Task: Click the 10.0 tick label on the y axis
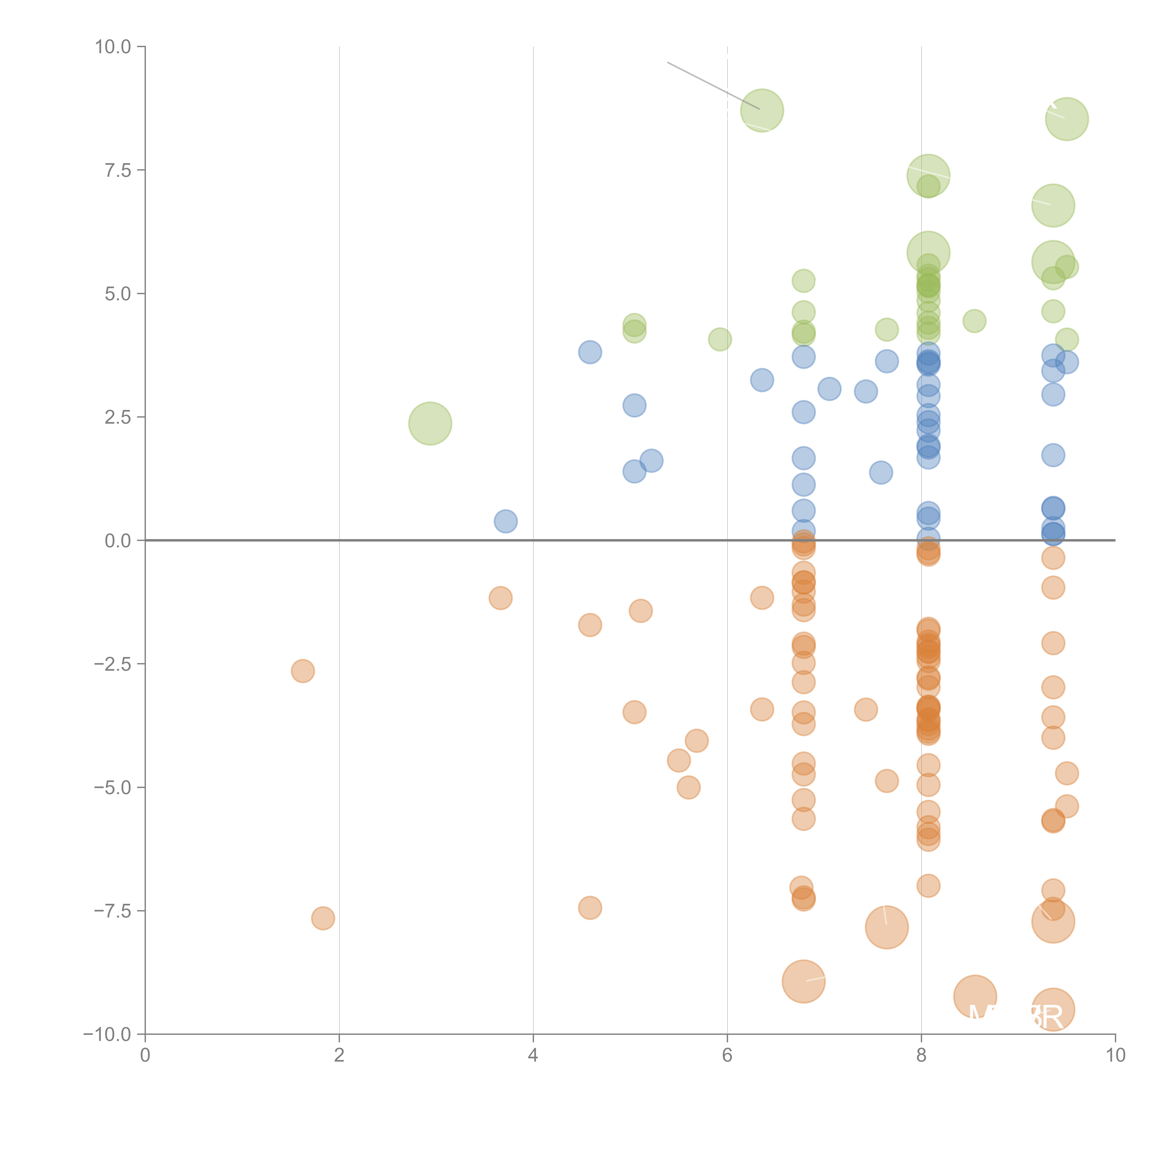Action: coord(113,47)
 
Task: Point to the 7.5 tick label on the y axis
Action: coord(118,170)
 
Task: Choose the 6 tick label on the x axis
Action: coord(727,1056)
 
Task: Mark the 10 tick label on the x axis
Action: coord(1115,1056)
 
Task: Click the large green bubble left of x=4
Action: coord(430,423)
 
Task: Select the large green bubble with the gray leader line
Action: coord(762,111)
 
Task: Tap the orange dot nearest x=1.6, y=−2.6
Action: coord(303,671)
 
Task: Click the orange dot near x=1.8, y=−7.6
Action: coord(323,918)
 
